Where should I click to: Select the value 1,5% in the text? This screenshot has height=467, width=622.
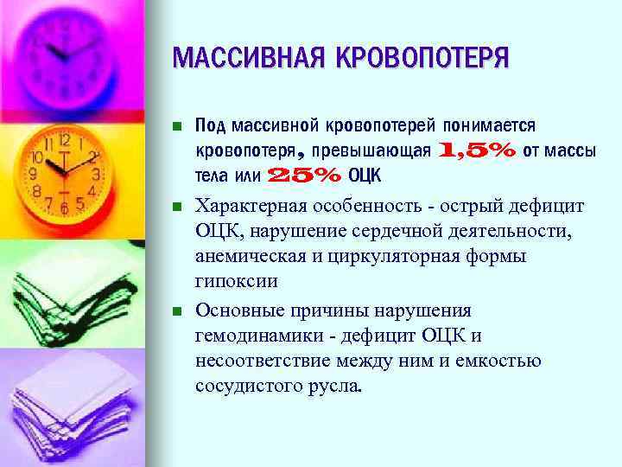pyautogui.click(x=479, y=150)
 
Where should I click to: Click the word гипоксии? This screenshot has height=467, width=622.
pyautogui.click(x=237, y=282)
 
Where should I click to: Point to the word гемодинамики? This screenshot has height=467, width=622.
pyautogui.click(x=254, y=335)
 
